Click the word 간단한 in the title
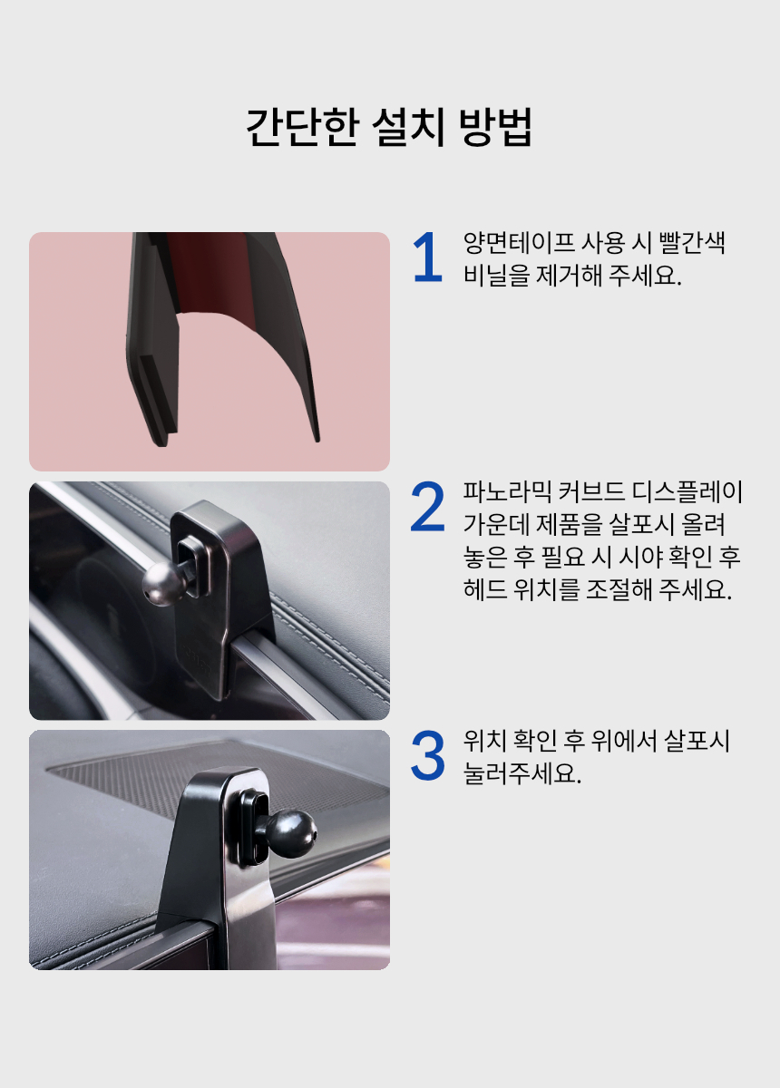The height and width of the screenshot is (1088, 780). pos(302,127)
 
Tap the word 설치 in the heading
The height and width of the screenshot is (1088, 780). pos(409,127)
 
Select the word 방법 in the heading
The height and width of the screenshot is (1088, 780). pos(495,127)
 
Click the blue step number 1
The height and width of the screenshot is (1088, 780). pos(428,257)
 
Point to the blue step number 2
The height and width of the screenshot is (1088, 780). pos(428,507)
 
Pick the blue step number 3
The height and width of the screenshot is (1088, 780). pos(428,756)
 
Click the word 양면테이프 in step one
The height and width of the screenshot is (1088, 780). pos(518,243)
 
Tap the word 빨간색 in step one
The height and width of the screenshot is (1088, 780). pos(692,243)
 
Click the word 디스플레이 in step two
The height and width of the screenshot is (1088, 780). pos(687,492)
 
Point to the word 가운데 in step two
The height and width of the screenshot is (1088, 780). pos(496,524)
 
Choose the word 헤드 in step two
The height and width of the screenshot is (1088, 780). pos(484,588)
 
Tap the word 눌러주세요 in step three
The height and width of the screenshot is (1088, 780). pos(522,773)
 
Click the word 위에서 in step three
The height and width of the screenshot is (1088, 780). pos(623,742)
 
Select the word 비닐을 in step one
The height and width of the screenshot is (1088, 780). pos(496,275)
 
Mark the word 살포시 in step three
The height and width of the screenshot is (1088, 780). pos(697,742)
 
